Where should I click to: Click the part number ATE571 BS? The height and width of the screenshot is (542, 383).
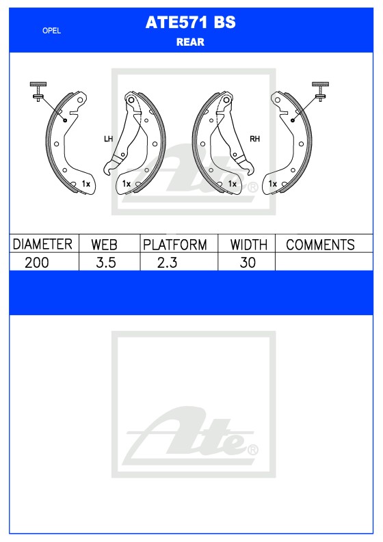[x=190, y=23]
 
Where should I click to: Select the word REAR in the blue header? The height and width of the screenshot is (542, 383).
[x=190, y=42]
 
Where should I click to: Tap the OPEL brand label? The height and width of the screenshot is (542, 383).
[x=52, y=30]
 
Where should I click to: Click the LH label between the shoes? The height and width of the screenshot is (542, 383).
[x=108, y=139]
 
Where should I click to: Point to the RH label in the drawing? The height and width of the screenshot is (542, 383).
[x=254, y=139]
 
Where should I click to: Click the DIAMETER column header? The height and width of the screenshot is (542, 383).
[x=43, y=245]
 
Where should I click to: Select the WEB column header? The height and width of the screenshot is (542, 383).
[x=105, y=245]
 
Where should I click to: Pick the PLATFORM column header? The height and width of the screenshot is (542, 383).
[x=175, y=245]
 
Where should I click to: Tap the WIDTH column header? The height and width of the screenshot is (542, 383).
[x=248, y=245]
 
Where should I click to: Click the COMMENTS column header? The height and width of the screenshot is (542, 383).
[x=319, y=245]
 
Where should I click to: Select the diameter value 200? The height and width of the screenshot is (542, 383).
[x=36, y=262]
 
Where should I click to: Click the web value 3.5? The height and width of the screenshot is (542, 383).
[x=105, y=262]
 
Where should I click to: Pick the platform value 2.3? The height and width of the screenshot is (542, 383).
[x=167, y=262]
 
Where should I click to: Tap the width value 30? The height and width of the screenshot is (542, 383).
[x=248, y=262]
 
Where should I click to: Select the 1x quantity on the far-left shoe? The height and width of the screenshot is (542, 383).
[x=86, y=184]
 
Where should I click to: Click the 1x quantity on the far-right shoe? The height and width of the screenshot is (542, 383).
[x=272, y=184]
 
